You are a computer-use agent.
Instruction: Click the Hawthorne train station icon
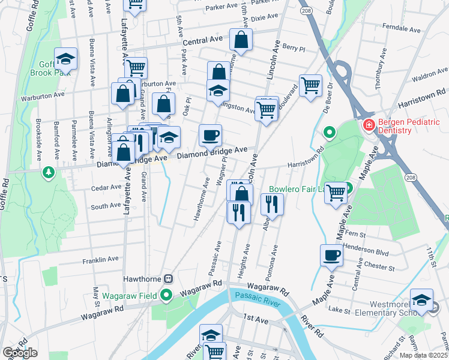point(169,279)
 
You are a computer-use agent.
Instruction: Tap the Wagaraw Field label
point(132,295)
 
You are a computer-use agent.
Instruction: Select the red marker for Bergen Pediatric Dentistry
point(368,125)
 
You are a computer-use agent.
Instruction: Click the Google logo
point(20,353)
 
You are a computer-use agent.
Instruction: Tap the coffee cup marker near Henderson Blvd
point(331,256)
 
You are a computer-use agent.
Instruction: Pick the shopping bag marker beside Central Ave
point(241,40)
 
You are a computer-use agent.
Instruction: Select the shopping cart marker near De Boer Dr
point(310,85)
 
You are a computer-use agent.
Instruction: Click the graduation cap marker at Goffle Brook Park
point(66,59)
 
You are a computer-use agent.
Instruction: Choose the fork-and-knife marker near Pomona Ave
point(272,205)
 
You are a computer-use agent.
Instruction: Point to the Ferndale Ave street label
point(403,28)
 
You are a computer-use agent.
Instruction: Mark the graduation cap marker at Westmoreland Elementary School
point(421,300)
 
